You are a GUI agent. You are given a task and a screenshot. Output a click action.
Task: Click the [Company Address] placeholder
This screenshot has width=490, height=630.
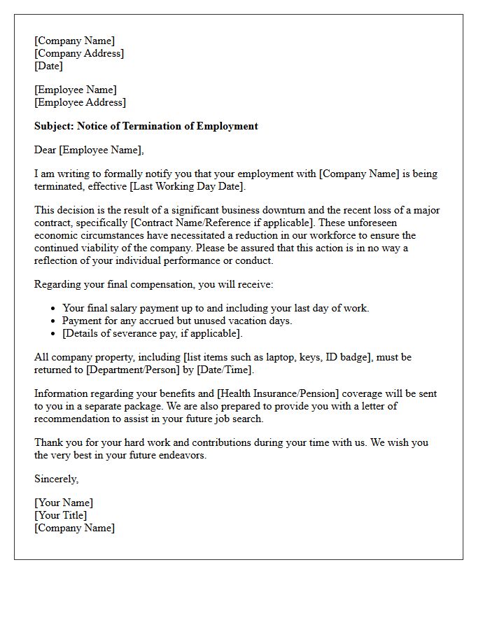click(79, 53)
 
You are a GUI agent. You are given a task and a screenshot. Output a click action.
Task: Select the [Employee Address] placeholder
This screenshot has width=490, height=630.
click(80, 102)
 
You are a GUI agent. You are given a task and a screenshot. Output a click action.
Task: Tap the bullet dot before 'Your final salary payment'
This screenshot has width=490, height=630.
click(54, 308)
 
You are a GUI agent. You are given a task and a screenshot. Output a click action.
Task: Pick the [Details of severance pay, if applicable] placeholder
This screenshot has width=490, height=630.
click(152, 333)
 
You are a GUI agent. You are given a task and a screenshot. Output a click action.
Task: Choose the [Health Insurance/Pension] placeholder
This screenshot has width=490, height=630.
click(261, 393)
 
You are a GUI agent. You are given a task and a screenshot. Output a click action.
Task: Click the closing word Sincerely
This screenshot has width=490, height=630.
click(56, 479)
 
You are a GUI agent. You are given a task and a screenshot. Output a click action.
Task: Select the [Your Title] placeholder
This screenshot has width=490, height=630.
click(61, 515)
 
